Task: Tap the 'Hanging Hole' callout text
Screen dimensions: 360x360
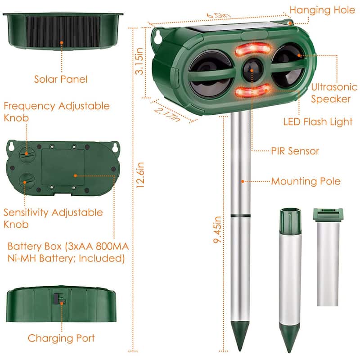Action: pyautogui.click(x=322, y=10)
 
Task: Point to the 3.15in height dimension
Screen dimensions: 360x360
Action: pyautogui.click(x=141, y=63)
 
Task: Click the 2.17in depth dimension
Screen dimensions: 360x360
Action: pyautogui.click(x=167, y=112)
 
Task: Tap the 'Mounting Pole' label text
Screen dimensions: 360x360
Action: pyautogui.click(x=306, y=181)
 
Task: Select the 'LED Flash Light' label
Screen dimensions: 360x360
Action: pyautogui.click(x=318, y=121)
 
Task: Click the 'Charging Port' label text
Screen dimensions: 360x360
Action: pyautogui.click(x=61, y=338)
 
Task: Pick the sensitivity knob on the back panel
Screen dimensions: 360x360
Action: pyautogui.click(x=26, y=182)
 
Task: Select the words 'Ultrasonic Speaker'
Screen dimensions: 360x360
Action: pyautogui.click(x=331, y=91)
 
